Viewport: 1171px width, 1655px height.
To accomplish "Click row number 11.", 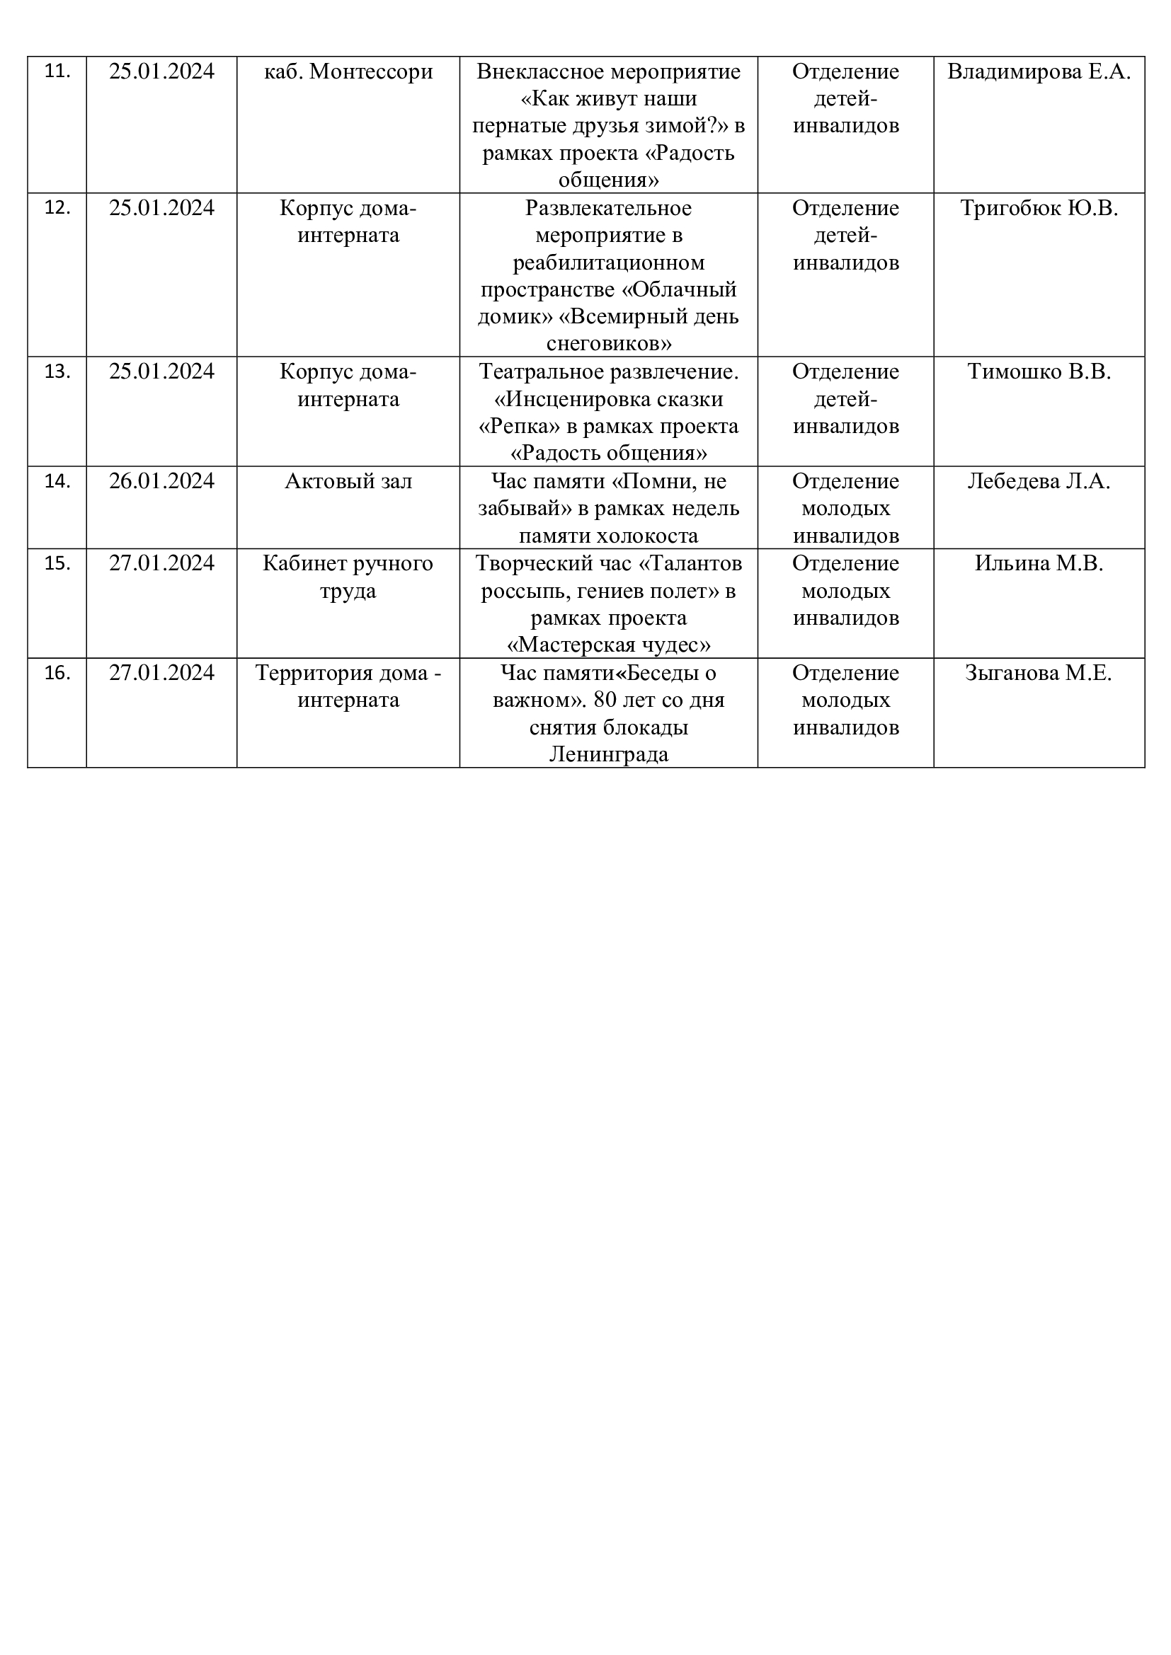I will coord(57,71).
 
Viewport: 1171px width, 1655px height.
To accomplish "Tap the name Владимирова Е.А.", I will coord(1039,71).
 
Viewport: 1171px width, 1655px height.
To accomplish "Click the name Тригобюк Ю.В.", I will coord(1039,208).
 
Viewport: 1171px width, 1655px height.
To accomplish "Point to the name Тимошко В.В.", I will coord(1039,372).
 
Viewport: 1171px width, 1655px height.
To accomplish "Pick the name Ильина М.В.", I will coord(1039,563).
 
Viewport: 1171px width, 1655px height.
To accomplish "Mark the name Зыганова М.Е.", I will coord(1039,672).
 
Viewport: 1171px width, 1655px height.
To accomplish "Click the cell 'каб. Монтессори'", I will coord(348,71).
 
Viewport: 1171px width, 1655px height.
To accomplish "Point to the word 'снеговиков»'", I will coord(609,343).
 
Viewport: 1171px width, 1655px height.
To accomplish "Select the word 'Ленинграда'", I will coord(609,755).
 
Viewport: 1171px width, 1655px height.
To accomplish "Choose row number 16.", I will coord(57,672).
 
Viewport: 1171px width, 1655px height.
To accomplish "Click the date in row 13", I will coord(161,372).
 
